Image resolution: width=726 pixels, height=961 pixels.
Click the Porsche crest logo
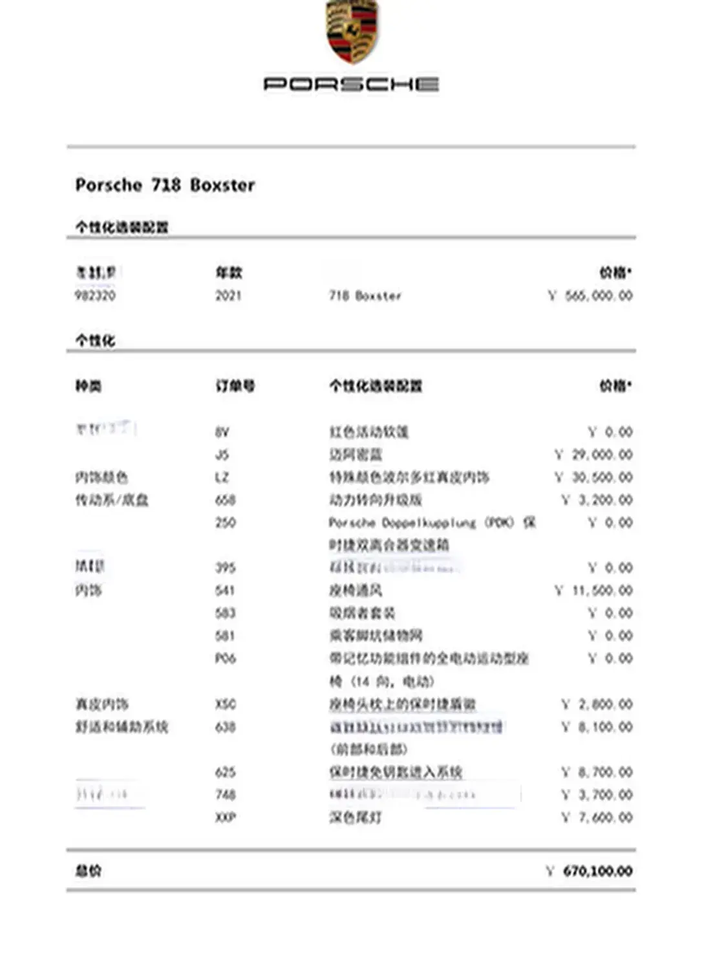pos(352,30)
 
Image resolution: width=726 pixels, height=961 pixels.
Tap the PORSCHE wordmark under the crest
pos(352,84)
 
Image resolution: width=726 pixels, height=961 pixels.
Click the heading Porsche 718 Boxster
pos(165,185)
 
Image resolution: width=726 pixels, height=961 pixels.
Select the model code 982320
pos(96,296)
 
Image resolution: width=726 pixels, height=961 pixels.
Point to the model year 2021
pos(228,296)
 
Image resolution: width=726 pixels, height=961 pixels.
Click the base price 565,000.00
pos(598,296)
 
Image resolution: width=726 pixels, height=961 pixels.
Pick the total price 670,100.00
pos(597,871)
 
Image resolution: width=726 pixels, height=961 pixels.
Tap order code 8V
pos(222,432)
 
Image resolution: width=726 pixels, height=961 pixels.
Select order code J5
pos(222,455)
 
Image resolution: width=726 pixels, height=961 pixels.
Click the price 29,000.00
pos(601,455)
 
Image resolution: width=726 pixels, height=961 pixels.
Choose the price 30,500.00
pos(601,477)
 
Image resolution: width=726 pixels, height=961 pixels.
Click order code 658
pos(225,500)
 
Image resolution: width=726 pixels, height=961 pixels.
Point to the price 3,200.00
pos(604,500)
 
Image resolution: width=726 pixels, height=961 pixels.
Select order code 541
pos(225,590)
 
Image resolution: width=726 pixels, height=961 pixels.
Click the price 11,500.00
pos(601,590)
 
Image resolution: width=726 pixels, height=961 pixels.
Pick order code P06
pos(225,658)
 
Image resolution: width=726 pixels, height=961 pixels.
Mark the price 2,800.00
pos(604,704)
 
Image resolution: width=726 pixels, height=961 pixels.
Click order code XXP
pos(225,817)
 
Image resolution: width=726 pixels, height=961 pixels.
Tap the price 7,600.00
pos(604,817)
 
